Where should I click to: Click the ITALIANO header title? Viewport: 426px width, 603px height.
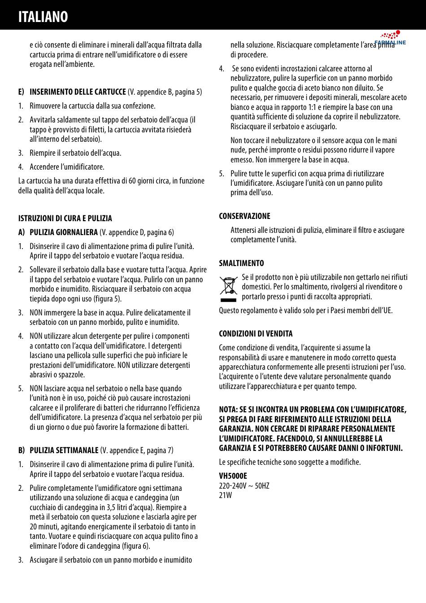click(43, 17)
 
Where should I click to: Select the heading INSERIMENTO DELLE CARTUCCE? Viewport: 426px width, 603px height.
click(78, 92)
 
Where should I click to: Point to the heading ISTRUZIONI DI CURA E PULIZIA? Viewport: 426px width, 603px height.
click(65, 218)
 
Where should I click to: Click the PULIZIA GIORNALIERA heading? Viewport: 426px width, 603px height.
click(64, 232)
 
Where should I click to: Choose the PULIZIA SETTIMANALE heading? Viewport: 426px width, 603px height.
click(64, 450)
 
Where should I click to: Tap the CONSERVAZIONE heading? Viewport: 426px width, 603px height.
click(244, 216)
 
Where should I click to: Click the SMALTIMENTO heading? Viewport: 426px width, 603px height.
click(241, 263)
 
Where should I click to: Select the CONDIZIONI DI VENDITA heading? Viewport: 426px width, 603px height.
click(256, 334)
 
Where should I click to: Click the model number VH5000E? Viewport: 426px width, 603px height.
click(233, 476)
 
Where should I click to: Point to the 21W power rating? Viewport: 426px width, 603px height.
click(226, 495)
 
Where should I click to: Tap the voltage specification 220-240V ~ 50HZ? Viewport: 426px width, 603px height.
click(244, 486)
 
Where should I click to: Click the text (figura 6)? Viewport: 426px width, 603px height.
click(136, 546)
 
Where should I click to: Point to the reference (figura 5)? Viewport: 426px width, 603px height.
click(108, 299)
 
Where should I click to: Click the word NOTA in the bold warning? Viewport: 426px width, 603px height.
click(228, 409)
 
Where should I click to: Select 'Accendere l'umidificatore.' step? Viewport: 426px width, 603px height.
click(67, 167)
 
